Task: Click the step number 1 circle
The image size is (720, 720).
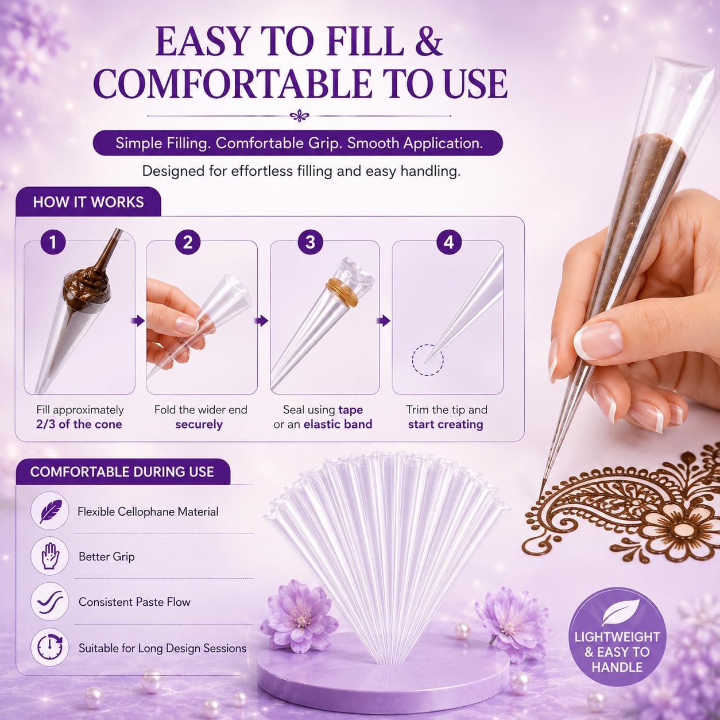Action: click(53, 242)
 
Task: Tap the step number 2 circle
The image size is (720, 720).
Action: click(188, 242)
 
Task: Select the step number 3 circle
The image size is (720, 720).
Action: click(311, 242)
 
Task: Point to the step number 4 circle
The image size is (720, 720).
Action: click(449, 242)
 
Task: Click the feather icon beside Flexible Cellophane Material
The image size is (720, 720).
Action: click(50, 511)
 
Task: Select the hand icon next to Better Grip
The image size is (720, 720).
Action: click(50, 556)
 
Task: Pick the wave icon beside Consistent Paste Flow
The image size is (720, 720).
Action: click(50, 601)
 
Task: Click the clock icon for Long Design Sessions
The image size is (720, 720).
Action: click(50, 647)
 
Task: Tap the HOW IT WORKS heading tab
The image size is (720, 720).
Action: click(88, 202)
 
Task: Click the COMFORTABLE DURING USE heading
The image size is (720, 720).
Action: click(122, 472)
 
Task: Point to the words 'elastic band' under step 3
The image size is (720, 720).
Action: click(338, 424)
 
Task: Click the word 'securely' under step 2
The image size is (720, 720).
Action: click(199, 424)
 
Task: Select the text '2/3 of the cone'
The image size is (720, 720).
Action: click(79, 424)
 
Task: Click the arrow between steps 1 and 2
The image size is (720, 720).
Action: click(138, 320)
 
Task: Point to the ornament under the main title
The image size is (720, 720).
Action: click(299, 116)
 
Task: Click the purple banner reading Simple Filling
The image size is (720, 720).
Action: click(298, 143)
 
